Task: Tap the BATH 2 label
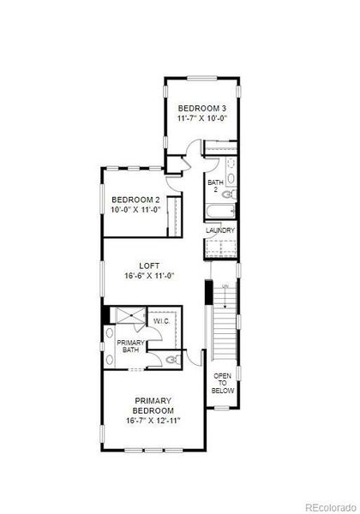215,185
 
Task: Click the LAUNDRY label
220,230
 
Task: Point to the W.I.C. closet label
160,321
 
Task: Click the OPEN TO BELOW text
223,383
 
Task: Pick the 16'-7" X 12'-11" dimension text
153,421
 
